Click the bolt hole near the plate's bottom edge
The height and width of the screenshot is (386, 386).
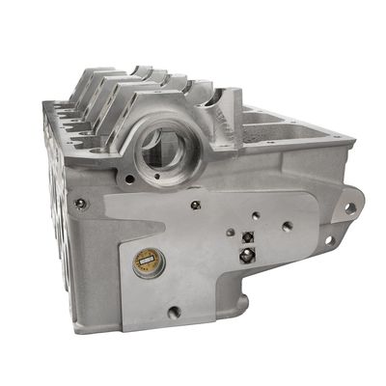175,312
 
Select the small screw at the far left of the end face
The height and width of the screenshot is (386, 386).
80,203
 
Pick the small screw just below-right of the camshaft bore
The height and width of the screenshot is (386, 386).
196,204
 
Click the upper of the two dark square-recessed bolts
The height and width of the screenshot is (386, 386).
248,237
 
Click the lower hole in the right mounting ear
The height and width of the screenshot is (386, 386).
330,240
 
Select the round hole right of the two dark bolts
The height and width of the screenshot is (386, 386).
288,229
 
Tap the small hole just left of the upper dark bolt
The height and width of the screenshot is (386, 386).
233,232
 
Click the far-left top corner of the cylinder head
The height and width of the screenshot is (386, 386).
45,104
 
